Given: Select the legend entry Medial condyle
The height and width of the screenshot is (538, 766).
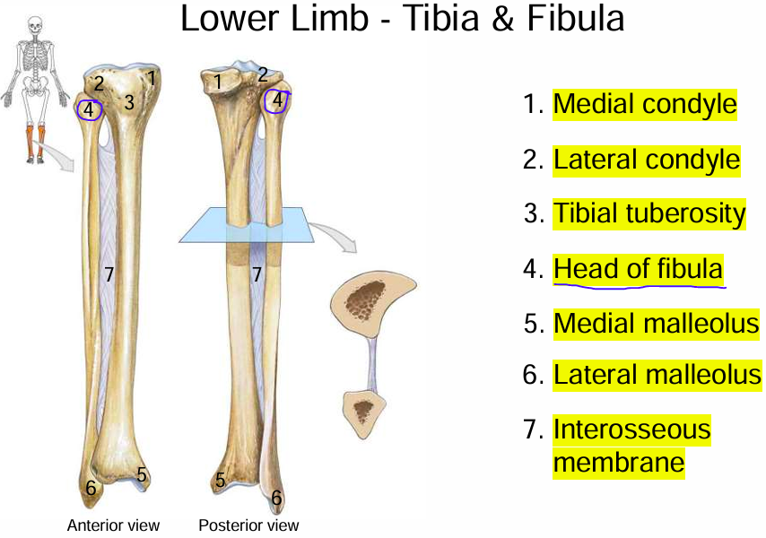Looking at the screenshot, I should [x=644, y=105].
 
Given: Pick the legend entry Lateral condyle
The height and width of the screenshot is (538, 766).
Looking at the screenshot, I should [x=646, y=160].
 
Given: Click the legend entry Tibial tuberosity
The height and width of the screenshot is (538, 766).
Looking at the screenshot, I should [x=648, y=213].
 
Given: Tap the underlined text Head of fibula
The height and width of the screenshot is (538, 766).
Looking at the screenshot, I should [x=638, y=268].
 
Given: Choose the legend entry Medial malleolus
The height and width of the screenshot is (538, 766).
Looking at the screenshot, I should [x=656, y=322].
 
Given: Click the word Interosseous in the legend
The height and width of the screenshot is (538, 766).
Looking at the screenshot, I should [x=631, y=430].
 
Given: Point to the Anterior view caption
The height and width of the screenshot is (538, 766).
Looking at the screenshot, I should [x=113, y=525].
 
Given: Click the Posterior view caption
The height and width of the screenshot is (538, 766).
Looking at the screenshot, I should [x=248, y=525].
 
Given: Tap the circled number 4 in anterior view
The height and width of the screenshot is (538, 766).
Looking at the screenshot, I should [x=89, y=110].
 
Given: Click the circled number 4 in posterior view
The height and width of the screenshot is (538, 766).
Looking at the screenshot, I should [x=277, y=100].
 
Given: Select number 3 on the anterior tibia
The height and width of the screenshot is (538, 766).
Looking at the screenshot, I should [x=129, y=103].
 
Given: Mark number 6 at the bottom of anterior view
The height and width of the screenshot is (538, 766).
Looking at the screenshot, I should [x=91, y=490].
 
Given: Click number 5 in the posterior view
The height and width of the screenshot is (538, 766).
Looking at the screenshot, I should [x=220, y=482].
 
